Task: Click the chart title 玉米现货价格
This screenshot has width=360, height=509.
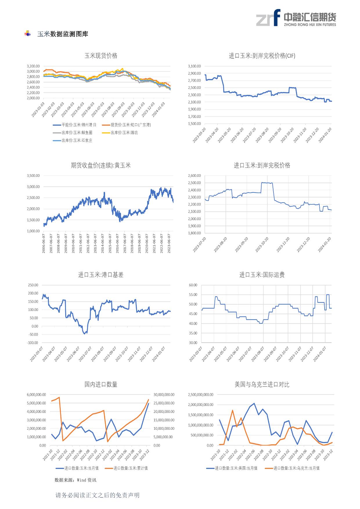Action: click(x=101, y=56)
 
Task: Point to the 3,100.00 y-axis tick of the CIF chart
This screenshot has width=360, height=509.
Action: click(x=194, y=66)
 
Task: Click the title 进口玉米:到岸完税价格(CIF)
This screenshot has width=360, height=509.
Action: click(x=262, y=56)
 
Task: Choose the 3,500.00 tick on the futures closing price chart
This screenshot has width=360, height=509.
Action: click(x=33, y=176)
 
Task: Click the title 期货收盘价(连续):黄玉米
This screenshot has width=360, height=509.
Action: click(x=101, y=166)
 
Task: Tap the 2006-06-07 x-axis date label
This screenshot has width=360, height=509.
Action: click(x=44, y=244)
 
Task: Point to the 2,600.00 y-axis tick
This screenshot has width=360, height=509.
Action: click(x=194, y=176)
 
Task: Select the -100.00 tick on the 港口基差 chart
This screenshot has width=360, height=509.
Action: click(x=33, y=343)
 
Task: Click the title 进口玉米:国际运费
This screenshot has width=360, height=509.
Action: click(x=262, y=275)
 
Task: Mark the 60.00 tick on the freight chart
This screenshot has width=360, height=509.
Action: click(x=193, y=285)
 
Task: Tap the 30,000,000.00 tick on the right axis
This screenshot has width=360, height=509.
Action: click(x=164, y=395)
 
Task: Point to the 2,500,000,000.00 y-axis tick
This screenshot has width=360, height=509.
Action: click(x=201, y=395)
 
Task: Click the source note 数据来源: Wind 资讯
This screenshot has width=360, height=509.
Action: click(x=75, y=480)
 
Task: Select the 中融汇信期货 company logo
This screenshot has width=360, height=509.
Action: click(x=296, y=18)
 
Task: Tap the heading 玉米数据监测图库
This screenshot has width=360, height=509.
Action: click(x=63, y=34)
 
